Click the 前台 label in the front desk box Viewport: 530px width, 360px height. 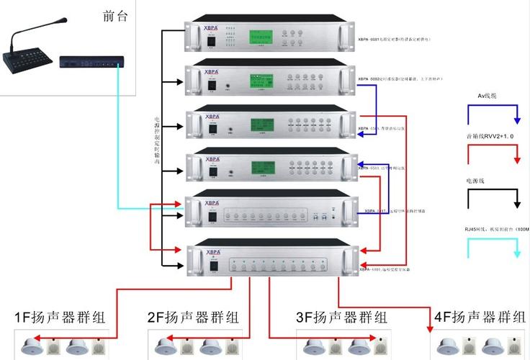click(x=109, y=15)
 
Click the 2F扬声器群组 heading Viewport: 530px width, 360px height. click(x=194, y=318)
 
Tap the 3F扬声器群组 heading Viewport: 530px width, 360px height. click(x=342, y=318)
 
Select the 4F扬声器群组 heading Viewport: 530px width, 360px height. click(x=480, y=317)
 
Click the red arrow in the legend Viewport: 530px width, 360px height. click(x=493, y=155)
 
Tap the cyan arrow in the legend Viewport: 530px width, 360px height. click(x=493, y=248)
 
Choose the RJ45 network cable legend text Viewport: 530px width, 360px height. click(x=497, y=228)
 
